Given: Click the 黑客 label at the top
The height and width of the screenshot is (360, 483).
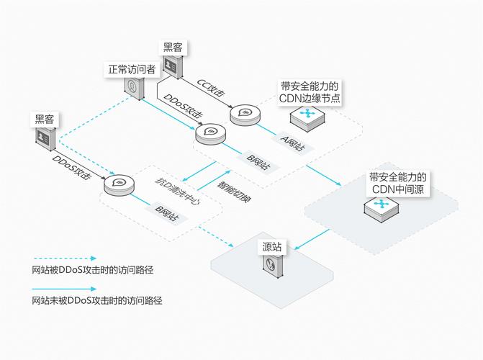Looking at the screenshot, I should coord(173,48).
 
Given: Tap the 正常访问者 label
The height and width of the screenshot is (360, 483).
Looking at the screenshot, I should coord(132,70).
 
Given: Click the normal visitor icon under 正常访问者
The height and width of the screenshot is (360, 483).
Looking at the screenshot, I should coord(133,87).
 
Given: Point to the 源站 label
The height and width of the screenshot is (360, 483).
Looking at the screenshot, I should coord(271,246).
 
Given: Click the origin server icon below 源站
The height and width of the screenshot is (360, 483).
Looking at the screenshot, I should coord(272,270).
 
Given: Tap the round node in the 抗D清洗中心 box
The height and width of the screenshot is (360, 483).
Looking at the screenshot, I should coord(119,185).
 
